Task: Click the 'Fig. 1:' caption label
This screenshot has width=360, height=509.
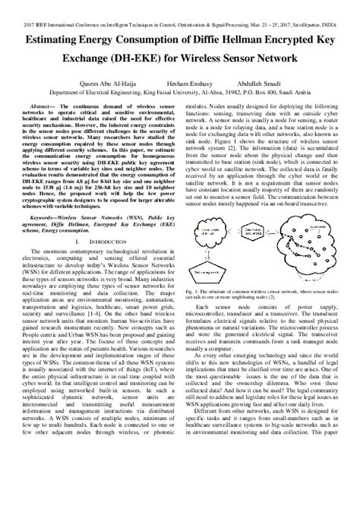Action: point(190,289)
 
